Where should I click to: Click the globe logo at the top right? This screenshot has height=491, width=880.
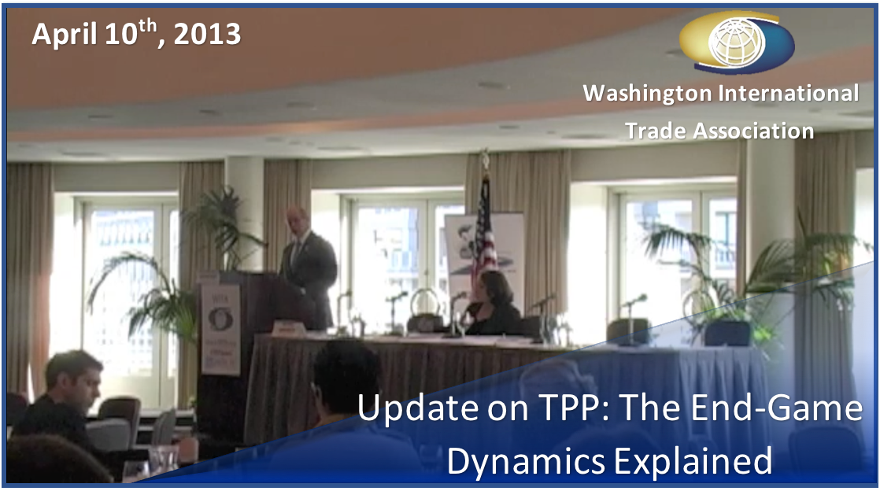(736, 42)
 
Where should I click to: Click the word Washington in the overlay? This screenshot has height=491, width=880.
(648, 93)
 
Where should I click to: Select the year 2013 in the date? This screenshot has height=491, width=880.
(207, 35)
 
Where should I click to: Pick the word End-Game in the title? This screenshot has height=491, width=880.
(775, 408)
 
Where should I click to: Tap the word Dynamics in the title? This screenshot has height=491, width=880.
(526, 461)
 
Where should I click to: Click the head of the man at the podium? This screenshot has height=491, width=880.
(297, 221)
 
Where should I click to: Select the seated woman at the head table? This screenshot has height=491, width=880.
(493, 305)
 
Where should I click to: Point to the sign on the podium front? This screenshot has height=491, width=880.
(220, 329)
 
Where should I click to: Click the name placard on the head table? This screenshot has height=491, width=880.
(288, 327)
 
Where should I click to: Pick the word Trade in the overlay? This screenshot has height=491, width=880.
(655, 131)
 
